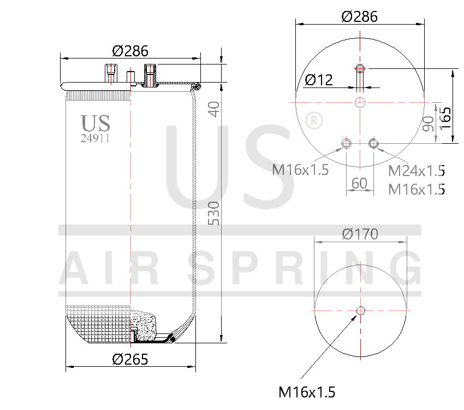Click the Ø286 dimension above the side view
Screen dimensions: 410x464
[130, 51]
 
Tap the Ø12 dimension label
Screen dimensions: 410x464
[318, 80]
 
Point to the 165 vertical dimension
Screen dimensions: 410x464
[445, 115]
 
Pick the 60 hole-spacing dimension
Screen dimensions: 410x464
[359, 183]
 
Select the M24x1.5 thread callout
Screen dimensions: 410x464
[416, 171]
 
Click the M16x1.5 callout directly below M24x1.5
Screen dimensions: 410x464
[416, 189]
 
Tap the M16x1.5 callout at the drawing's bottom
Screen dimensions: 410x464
[307, 392]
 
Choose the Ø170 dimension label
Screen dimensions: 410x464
[360, 234]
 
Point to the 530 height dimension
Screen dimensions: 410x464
[213, 214]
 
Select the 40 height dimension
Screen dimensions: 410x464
[213, 109]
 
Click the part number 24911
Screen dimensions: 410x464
[95, 138]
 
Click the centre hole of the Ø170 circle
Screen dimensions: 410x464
[360, 311]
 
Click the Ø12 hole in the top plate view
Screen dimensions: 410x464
[360, 68]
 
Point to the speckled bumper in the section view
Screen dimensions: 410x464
[144, 327]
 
